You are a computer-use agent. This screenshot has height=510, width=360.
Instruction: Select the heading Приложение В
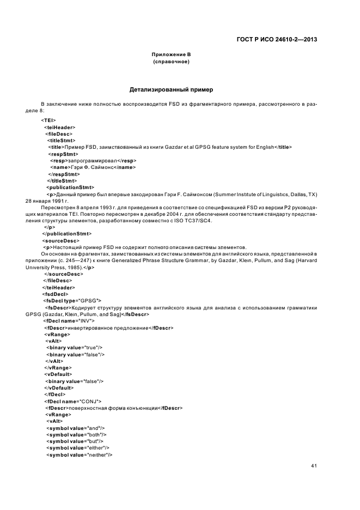(171, 54)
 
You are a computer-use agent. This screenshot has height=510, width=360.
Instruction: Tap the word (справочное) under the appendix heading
(171, 62)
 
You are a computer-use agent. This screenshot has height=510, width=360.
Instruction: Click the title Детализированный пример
(171, 89)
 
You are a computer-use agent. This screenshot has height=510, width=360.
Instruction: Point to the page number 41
(314, 466)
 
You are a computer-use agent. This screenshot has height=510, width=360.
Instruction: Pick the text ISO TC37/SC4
(198, 221)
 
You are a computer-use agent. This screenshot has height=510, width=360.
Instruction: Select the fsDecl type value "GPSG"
(90, 300)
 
